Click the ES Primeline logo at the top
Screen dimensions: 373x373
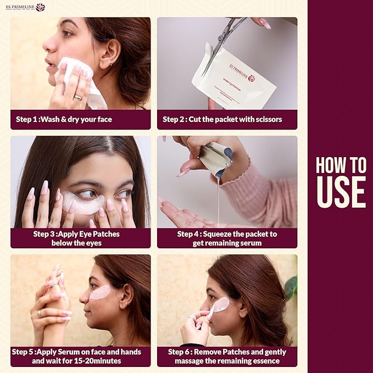click(25, 7)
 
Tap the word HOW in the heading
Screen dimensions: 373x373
click(341, 165)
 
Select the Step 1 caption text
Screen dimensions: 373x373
click(64, 119)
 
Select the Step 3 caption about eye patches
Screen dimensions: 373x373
click(76, 238)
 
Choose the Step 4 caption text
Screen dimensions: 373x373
click(227, 238)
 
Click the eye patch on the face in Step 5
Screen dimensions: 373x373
click(100, 293)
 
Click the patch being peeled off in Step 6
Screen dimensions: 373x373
click(220, 305)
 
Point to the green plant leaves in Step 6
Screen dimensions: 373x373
click(291, 286)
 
